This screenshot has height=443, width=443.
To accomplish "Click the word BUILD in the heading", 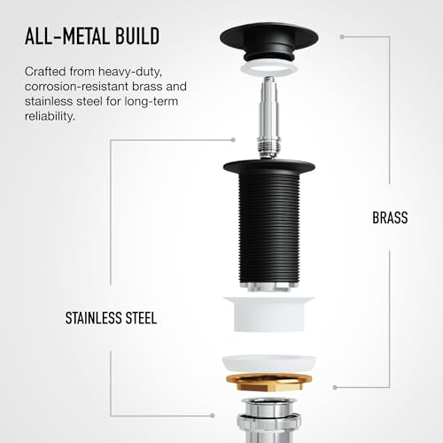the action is pyautogui.click(x=137, y=36).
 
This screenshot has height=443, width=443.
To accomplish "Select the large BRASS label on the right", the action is pyautogui.click(x=390, y=218).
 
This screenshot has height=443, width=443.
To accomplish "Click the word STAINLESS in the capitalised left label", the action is pyautogui.click(x=92, y=318).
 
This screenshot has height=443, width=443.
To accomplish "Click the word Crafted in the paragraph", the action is pyautogui.click(x=45, y=72).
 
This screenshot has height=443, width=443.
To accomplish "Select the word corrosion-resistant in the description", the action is pyautogui.click(x=77, y=87).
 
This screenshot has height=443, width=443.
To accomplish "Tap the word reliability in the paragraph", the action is pyautogui.click(x=50, y=116).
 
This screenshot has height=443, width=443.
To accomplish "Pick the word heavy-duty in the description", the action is pyautogui.click(x=130, y=72).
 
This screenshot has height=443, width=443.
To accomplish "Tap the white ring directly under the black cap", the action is pyautogui.click(x=268, y=68).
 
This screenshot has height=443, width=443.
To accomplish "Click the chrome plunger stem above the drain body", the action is pyautogui.click(x=268, y=117).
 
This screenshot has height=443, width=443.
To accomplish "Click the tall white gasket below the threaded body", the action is pyautogui.click(x=269, y=314).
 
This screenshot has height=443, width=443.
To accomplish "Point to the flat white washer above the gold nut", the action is pyautogui.click(x=269, y=363).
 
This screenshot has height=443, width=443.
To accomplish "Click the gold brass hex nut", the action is pyautogui.click(x=269, y=383).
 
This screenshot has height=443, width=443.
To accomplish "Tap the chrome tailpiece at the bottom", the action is pyautogui.click(x=269, y=420).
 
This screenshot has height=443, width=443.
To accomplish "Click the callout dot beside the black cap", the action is pyautogui.click(x=342, y=37).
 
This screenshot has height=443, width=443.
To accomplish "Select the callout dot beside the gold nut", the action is pyautogui.click(x=335, y=387).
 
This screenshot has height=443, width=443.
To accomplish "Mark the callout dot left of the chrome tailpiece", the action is pyautogui.click(x=212, y=416).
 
